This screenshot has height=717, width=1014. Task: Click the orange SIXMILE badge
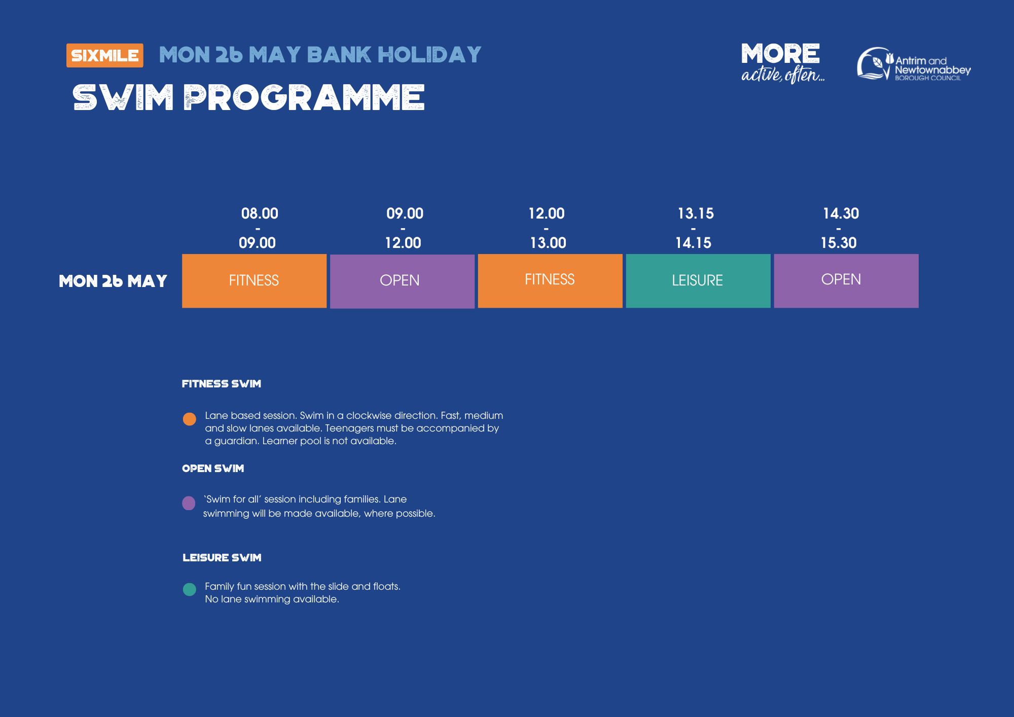[x=105, y=55]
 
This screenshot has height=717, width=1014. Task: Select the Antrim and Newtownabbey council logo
[x=914, y=64]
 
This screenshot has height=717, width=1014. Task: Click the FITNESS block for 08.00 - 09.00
[x=254, y=281]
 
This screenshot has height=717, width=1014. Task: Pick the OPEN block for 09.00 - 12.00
[x=402, y=281]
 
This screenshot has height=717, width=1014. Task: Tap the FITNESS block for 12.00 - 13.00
[x=550, y=281]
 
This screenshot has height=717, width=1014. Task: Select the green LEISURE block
[x=698, y=281]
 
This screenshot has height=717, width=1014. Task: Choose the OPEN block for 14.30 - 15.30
[x=846, y=281]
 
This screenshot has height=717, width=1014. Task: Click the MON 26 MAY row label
[x=113, y=281]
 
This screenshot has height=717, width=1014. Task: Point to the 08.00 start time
[x=260, y=213]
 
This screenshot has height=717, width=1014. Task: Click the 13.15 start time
[x=696, y=213]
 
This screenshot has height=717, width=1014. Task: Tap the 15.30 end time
[x=839, y=243]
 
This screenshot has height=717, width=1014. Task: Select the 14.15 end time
[x=693, y=243]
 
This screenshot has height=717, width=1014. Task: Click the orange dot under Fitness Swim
[x=189, y=419]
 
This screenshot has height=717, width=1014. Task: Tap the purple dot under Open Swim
[x=189, y=503]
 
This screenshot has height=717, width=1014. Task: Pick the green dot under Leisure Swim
[x=189, y=589]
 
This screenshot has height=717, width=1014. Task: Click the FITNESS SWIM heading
[x=222, y=384]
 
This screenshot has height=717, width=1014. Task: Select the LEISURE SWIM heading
[x=222, y=558]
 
